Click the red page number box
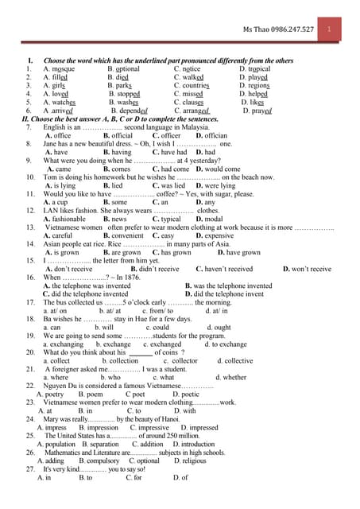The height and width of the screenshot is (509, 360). click(x=339, y=29)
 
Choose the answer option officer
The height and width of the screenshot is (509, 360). click(x=171, y=135)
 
